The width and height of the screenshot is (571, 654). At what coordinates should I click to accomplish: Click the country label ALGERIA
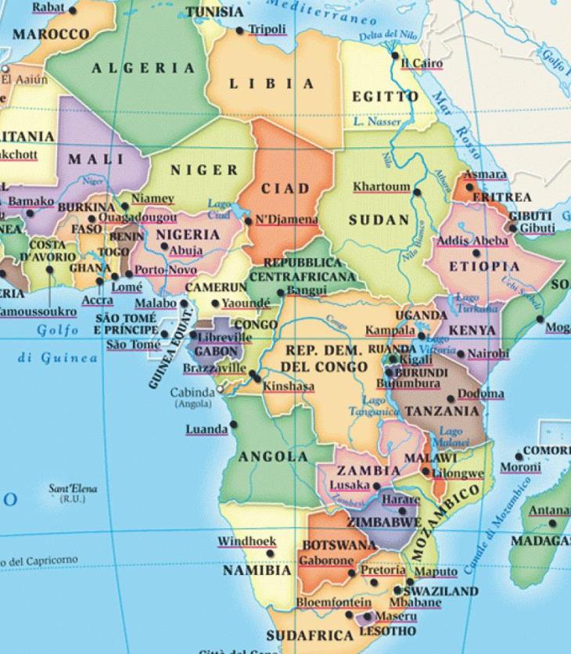click(144, 68)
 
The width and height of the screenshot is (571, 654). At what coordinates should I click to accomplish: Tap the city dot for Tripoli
click(240, 31)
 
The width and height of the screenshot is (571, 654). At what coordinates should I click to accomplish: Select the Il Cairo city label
click(422, 63)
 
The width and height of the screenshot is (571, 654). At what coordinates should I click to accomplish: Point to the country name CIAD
click(285, 189)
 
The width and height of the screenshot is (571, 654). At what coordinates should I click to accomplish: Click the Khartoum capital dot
click(417, 191)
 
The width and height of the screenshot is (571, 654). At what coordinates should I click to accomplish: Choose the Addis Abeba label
click(472, 241)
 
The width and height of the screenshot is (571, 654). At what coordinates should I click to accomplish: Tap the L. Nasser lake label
click(377, 122)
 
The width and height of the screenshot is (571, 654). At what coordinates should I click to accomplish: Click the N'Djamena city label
click(287, 220)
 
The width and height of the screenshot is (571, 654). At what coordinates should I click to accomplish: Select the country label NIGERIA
click(188, 235)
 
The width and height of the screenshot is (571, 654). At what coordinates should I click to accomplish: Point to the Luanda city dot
click(233, 428)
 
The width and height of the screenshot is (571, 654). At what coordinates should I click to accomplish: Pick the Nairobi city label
click(487, 354)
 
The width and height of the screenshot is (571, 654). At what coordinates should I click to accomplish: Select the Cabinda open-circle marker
click(221, 389)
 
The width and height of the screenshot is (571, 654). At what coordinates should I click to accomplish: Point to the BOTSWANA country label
click(339, 544)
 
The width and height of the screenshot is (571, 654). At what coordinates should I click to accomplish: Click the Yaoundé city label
click(245, 302)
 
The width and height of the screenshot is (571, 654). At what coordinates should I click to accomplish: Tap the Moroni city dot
click(518, 456)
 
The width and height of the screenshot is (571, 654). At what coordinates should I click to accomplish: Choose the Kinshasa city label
click(288, 386)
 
